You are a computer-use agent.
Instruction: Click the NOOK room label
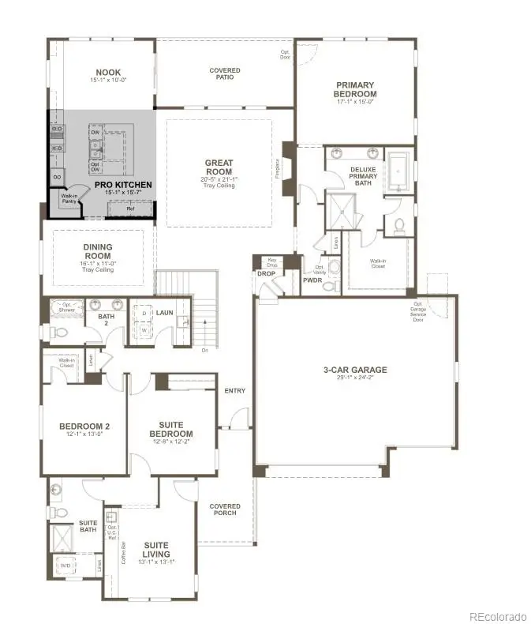click(108, 72)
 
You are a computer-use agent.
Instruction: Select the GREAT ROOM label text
click(219, 167)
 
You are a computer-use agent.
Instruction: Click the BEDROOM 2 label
click(84, 427)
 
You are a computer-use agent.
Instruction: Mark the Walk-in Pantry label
click(69, 198)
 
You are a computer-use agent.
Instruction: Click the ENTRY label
click(234, 391)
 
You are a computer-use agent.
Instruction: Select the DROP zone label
click(266, 274)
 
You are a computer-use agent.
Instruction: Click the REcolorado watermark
click(497, 616)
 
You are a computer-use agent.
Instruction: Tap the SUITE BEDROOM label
click(171, 429)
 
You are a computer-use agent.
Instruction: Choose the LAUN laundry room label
click(164, 313)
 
